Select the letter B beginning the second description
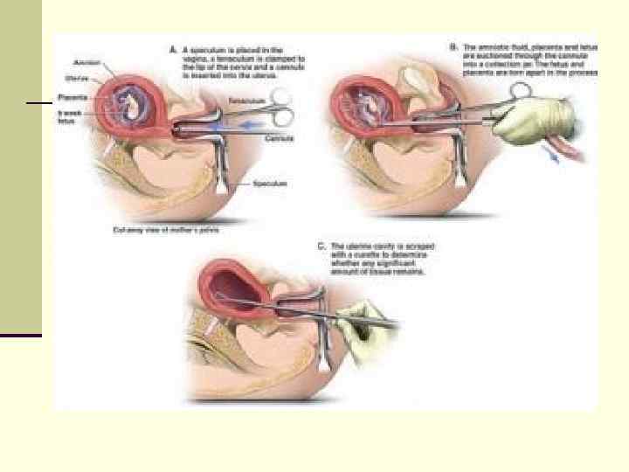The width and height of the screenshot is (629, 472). tap(453, 45)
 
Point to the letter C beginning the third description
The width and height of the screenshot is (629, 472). tap(320, 246)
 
